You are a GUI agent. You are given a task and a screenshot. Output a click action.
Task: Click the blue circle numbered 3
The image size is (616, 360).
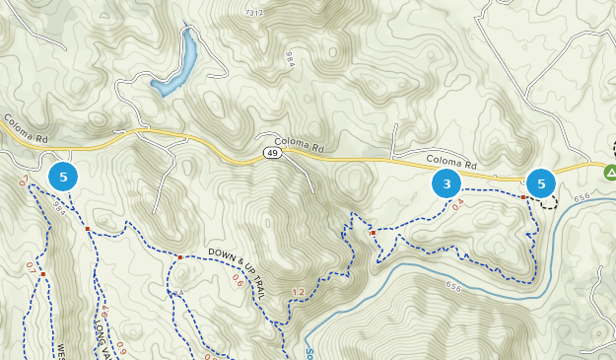point(446,184)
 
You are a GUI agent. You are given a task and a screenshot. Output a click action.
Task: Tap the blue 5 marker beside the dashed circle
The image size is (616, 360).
point(541,183)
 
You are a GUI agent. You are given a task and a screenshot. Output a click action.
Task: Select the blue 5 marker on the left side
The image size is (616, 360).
point(64,178)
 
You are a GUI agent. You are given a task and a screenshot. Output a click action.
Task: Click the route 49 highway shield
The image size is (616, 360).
point(271,154)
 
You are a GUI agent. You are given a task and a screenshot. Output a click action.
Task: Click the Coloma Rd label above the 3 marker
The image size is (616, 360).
point(451,163)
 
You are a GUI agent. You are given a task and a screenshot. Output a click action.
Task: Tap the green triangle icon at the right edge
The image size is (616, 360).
point(610,173)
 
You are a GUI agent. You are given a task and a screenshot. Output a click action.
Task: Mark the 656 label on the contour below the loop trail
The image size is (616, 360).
point(452,286)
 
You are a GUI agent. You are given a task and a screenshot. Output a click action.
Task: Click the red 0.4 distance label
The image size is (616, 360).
point(457,206)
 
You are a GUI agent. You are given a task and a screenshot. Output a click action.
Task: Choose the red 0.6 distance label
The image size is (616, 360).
point(238,280)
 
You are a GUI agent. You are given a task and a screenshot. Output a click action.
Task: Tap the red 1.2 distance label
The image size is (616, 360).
point(299,292)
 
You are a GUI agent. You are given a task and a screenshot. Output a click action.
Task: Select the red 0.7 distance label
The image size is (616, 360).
point(31,267)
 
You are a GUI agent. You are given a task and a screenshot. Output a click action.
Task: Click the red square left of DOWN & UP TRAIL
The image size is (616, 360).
point(180,257)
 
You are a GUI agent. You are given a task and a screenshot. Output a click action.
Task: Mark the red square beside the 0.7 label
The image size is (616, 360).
point(43,274)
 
